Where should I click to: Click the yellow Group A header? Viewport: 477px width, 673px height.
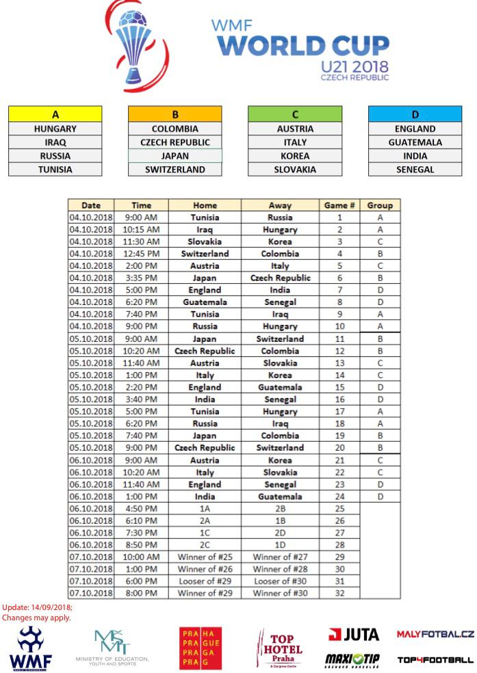(55, 114)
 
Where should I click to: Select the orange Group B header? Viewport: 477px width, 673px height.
(175, 114)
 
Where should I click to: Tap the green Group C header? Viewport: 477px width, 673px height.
(295, 114)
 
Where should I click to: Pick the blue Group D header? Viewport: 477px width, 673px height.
(415, 114)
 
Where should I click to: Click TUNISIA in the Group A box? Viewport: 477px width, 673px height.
(55, 170)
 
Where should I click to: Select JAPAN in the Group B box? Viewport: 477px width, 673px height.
(175, 156)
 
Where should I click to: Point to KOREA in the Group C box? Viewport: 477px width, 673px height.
(295, 156)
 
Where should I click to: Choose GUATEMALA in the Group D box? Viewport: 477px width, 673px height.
(415, 142)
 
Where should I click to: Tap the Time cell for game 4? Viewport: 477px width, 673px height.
(141, 254)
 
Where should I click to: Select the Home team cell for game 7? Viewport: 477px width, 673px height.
(205, 290)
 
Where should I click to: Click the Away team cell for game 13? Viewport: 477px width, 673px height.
(280, 363)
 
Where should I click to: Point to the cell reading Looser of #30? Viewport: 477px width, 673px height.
(280, 581)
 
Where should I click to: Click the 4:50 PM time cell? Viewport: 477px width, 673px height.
(141, 509)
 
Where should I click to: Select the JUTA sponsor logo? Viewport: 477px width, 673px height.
(354, 635)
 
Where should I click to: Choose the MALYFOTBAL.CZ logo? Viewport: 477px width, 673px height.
(435, 635)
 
